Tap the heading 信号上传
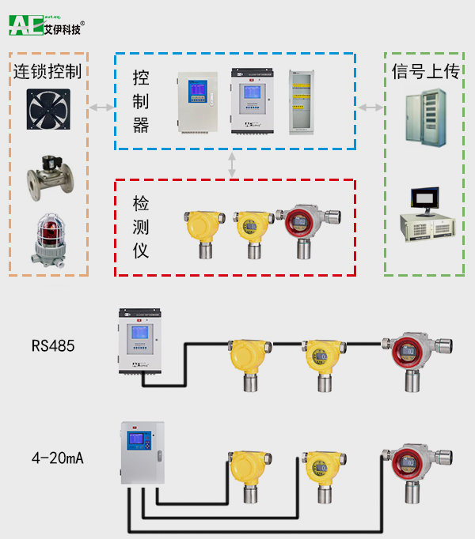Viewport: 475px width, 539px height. point(426,72)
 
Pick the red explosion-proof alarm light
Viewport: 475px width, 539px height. point(47,238)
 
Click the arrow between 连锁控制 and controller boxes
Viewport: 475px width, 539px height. point(101,107)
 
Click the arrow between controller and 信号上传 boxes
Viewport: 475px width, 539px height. point(369,107)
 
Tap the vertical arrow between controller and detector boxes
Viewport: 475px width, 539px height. point(232,164)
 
